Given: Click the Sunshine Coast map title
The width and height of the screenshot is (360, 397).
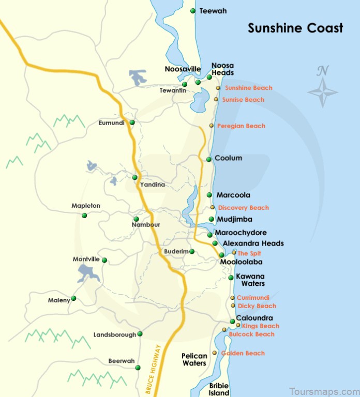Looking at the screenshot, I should (295, 28).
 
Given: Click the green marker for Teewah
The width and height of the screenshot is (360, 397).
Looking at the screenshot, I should (193, 11).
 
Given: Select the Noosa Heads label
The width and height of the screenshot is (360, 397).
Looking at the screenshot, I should (223, 69).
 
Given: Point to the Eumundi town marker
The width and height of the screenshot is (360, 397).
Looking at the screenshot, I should (132, 123).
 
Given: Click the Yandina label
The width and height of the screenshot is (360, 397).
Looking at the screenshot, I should (152, 185).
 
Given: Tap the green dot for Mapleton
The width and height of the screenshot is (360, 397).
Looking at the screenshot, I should (85, 215).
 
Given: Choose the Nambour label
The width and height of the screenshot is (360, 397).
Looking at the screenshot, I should (146, 225).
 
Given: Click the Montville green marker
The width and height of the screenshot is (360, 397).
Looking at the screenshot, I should (104, 260).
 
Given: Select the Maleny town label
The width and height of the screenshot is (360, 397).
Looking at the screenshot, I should (59, 300).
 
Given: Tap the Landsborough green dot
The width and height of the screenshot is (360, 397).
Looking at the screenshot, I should (140, 334).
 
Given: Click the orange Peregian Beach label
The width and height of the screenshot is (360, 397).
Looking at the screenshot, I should (241, 126).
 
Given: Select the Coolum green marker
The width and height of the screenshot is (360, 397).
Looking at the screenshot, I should (209, 159).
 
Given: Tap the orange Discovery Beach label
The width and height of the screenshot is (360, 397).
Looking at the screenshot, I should (243, 208).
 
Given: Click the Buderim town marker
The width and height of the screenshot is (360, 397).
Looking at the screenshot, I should (192, 252).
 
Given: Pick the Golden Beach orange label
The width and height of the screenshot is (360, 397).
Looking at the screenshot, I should (243, 354).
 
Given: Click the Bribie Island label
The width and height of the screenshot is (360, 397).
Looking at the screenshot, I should (219, 389).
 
